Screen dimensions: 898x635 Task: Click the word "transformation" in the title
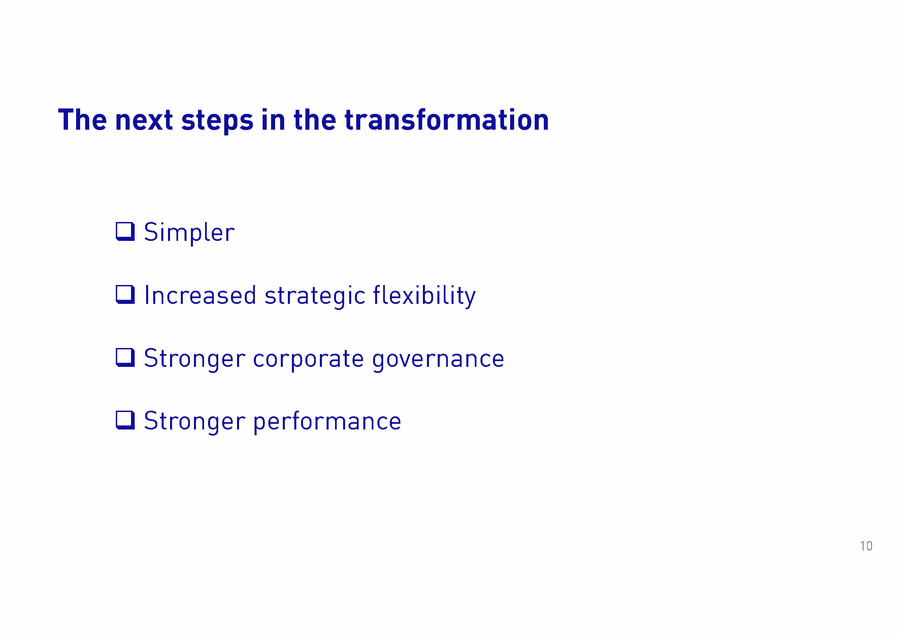[x=447, y=120]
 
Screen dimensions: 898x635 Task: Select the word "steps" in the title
[x=217, y=121]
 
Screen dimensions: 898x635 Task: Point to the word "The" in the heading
[x=82, y=120]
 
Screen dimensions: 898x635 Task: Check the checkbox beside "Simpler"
[x=125, y=231]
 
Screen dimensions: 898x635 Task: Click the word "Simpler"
[x=189, y=233]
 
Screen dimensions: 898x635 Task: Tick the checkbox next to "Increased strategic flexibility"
[x=125, y=294]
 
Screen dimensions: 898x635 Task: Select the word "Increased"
[x=200, y=295]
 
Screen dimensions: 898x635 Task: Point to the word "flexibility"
[x=424, y=296]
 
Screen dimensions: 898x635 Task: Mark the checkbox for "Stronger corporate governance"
[x=125, y=357]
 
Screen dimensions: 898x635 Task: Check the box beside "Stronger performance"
[x=125, y=420]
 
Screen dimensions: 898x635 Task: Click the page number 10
[x=866, y=546]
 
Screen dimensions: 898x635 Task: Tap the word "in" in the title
[x=273, y=120]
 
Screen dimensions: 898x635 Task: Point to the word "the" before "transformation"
[x=314, y=120]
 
